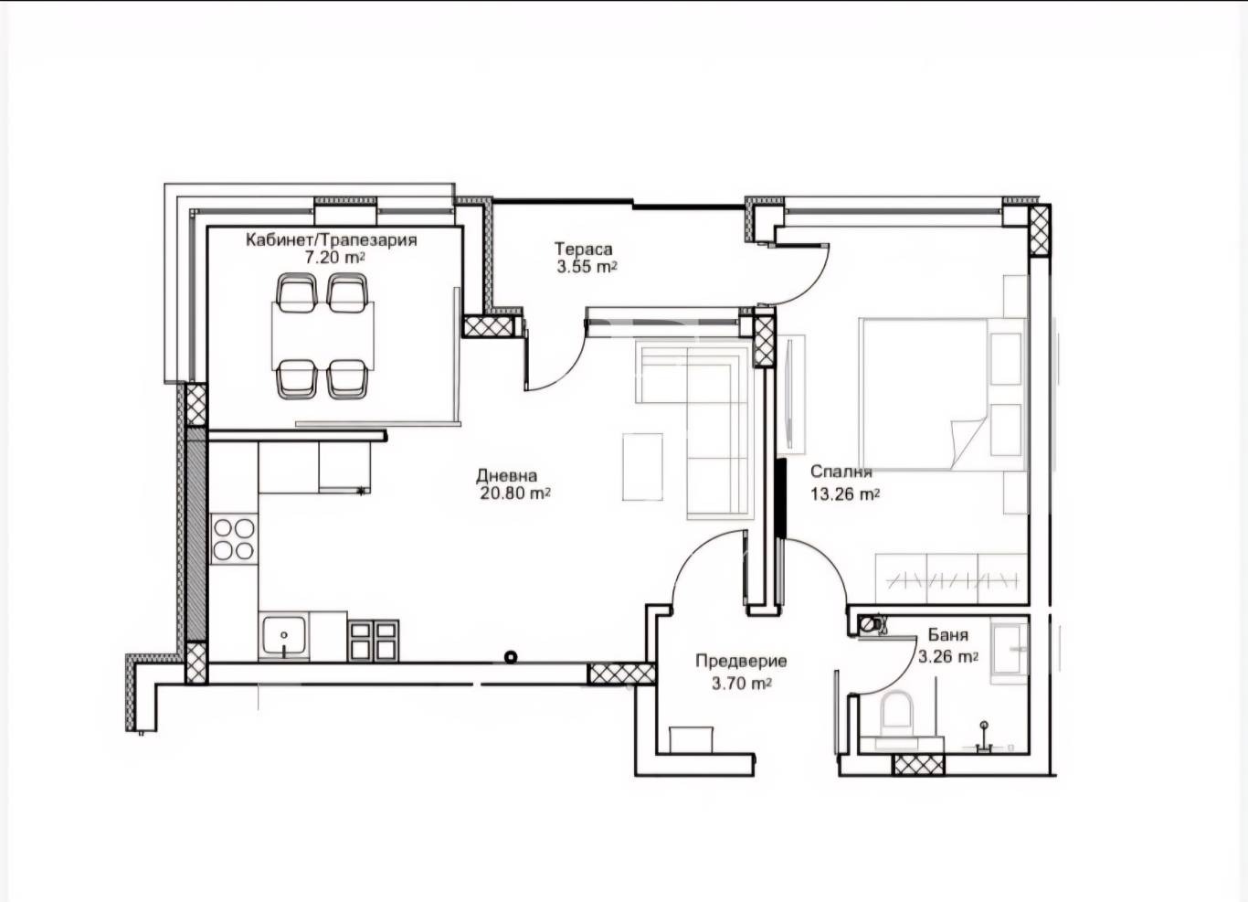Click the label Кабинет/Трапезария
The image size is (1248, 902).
point(332,240)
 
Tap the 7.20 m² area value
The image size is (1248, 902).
point(335,258)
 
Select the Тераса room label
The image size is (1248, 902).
point(583,249)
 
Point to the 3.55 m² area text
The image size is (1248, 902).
point(587,267)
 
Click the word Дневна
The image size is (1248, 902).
point(506,475)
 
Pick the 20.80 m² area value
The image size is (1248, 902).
point(515,493)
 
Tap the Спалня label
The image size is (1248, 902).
point(841,472)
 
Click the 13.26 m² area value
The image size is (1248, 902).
point(845,493)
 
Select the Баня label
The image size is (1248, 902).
point(948,635)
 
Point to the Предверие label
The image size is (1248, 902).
point(741,662)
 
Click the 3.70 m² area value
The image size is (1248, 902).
point(742,683)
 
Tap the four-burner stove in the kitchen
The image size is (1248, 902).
point(234,539)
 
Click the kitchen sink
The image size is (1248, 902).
point(284,637)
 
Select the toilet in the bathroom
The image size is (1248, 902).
point(895,712)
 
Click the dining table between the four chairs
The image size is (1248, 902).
point(323,335)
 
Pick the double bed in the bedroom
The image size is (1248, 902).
point(943,395)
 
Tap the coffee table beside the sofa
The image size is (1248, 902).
point(642,467)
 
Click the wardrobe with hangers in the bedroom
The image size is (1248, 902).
point(951,578)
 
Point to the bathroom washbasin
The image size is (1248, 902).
point(1009,652)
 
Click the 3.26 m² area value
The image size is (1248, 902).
point(948,657)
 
